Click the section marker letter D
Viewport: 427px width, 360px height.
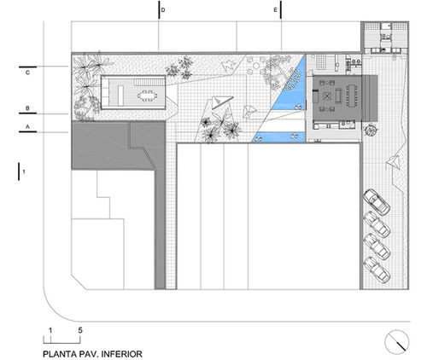[163, 10]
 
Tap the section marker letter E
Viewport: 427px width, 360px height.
[275, 10]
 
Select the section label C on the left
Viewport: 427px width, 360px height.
[27, 73]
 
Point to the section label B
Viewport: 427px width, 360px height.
[27, 108]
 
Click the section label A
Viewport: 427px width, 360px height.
[27, 127]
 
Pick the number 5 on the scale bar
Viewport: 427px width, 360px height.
[80, 330]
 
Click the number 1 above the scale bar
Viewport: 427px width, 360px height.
[50, 330]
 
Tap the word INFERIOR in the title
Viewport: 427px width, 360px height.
[122, 354]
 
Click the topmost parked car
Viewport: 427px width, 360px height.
[377, 202]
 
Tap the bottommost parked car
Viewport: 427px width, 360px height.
[377, 270]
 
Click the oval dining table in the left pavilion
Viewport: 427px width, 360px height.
[147, 96]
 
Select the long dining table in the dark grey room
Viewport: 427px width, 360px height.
[353, 96]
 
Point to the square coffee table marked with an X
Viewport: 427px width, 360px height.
[327, 96]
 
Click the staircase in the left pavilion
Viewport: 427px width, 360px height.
[149, 82]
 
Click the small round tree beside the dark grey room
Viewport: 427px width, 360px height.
[371, 131]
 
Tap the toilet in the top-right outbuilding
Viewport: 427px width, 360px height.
[386, 37]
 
